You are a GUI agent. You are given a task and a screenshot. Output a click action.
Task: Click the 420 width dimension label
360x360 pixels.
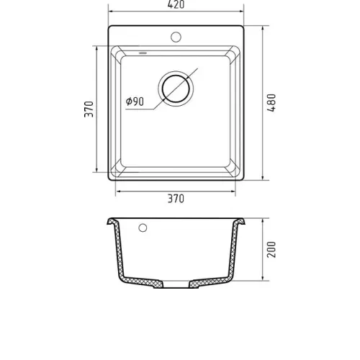point(176,5)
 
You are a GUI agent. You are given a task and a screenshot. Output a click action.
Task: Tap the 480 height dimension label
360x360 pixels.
point(271,103)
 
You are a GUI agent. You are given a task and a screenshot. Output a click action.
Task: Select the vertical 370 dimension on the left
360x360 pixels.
point(89,109)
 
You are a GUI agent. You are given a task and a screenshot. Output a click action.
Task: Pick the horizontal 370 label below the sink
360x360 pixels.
point(176,199)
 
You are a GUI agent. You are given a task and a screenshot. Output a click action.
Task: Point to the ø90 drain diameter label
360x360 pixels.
point(135,102)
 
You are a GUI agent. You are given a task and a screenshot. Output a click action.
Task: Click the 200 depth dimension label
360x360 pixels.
point(271,250)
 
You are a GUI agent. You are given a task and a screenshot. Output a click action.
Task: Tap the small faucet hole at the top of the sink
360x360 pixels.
point(176,37)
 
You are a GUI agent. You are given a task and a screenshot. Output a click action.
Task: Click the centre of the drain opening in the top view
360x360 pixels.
point(176,89)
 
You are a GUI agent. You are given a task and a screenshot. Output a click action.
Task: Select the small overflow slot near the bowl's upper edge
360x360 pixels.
point(143,53)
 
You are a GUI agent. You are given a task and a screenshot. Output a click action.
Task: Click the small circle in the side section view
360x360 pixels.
point(143,228)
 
